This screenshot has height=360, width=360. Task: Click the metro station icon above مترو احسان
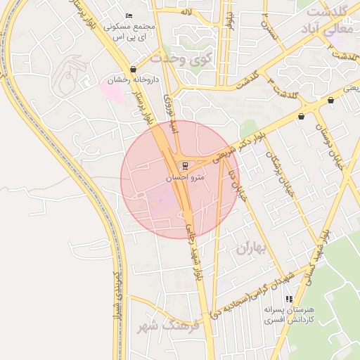pyautogui.click(x=185, y=166)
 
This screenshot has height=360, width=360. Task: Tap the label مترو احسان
pyautogui.click(x=184, y=178)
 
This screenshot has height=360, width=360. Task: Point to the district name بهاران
pyautogui.click(x=252, y=247)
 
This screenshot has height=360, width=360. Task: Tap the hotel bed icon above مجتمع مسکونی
pyautogui.click(x=128, y=16)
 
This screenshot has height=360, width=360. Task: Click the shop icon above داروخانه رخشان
pyautogui.click(x=133, y=70)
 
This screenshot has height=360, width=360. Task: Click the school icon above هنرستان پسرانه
pyautogui.click(x=288, y=299)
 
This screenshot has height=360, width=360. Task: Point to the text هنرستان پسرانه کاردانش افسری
pyautogui.click(x=288, y=314)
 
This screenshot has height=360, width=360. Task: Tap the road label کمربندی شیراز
pyautogui.click(x=120, y=295)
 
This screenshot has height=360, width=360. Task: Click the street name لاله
pyautogui.click(x=205, y=13)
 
